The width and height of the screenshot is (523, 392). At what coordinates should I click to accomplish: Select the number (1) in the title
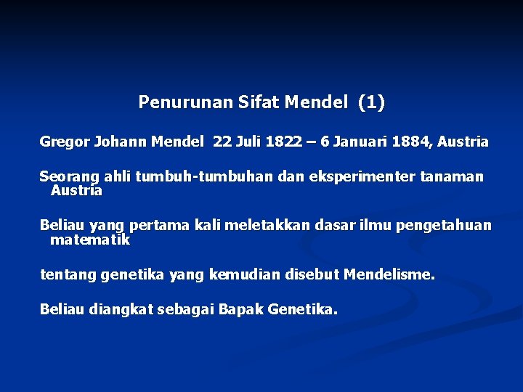click(371, 103)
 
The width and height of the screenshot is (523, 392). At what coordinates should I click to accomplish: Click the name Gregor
click(64, 142)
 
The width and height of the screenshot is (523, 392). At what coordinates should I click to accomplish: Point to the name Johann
click(121, 142)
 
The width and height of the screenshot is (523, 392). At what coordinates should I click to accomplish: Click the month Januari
click(360, 142)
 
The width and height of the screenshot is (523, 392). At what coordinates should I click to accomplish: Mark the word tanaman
click(454, 177)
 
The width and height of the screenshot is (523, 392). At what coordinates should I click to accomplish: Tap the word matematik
click(90, 240)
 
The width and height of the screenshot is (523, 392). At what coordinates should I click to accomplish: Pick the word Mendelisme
click(389, 275)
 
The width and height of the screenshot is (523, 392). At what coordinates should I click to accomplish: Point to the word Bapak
click(240, 310)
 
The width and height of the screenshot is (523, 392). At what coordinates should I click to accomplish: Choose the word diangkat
click(119, 310)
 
